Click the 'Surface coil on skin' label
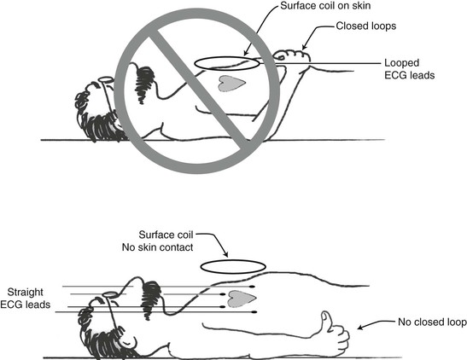coord(325,6)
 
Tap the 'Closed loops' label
coord(366,26)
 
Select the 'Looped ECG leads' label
coord(409,69)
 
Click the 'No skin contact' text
coord(158,247)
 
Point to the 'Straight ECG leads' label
coord(26,298)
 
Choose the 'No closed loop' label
coord(432,322)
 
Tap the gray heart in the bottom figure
coord(242,299)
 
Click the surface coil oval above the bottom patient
coord(233,261)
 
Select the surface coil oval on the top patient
coord(227,57)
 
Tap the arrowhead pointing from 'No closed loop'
coord(360,328)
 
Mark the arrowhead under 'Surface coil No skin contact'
coord(226,254)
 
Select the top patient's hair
coord(96,118)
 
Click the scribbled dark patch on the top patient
coord(144,84)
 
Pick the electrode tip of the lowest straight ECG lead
coord(254,312)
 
